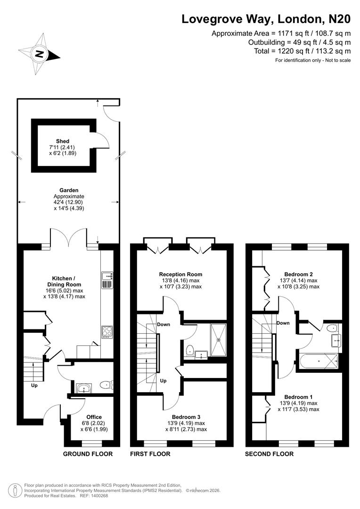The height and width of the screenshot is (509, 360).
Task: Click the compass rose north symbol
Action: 40,53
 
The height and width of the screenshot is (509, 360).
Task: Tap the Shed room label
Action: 62,141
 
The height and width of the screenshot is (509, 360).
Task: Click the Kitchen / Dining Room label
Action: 66,281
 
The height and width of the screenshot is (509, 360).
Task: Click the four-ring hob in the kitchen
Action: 106,332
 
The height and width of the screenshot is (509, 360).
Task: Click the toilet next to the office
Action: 106,386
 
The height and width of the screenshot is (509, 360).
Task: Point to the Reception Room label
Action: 180,274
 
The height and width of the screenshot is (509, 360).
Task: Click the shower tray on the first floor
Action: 218,340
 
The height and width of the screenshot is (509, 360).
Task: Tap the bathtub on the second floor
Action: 318,361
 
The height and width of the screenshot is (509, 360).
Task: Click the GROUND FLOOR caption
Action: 88,454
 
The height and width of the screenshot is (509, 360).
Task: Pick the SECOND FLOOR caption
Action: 269,454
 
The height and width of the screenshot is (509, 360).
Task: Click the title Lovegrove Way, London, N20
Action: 266,19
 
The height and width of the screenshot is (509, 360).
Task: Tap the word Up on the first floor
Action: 163,380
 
